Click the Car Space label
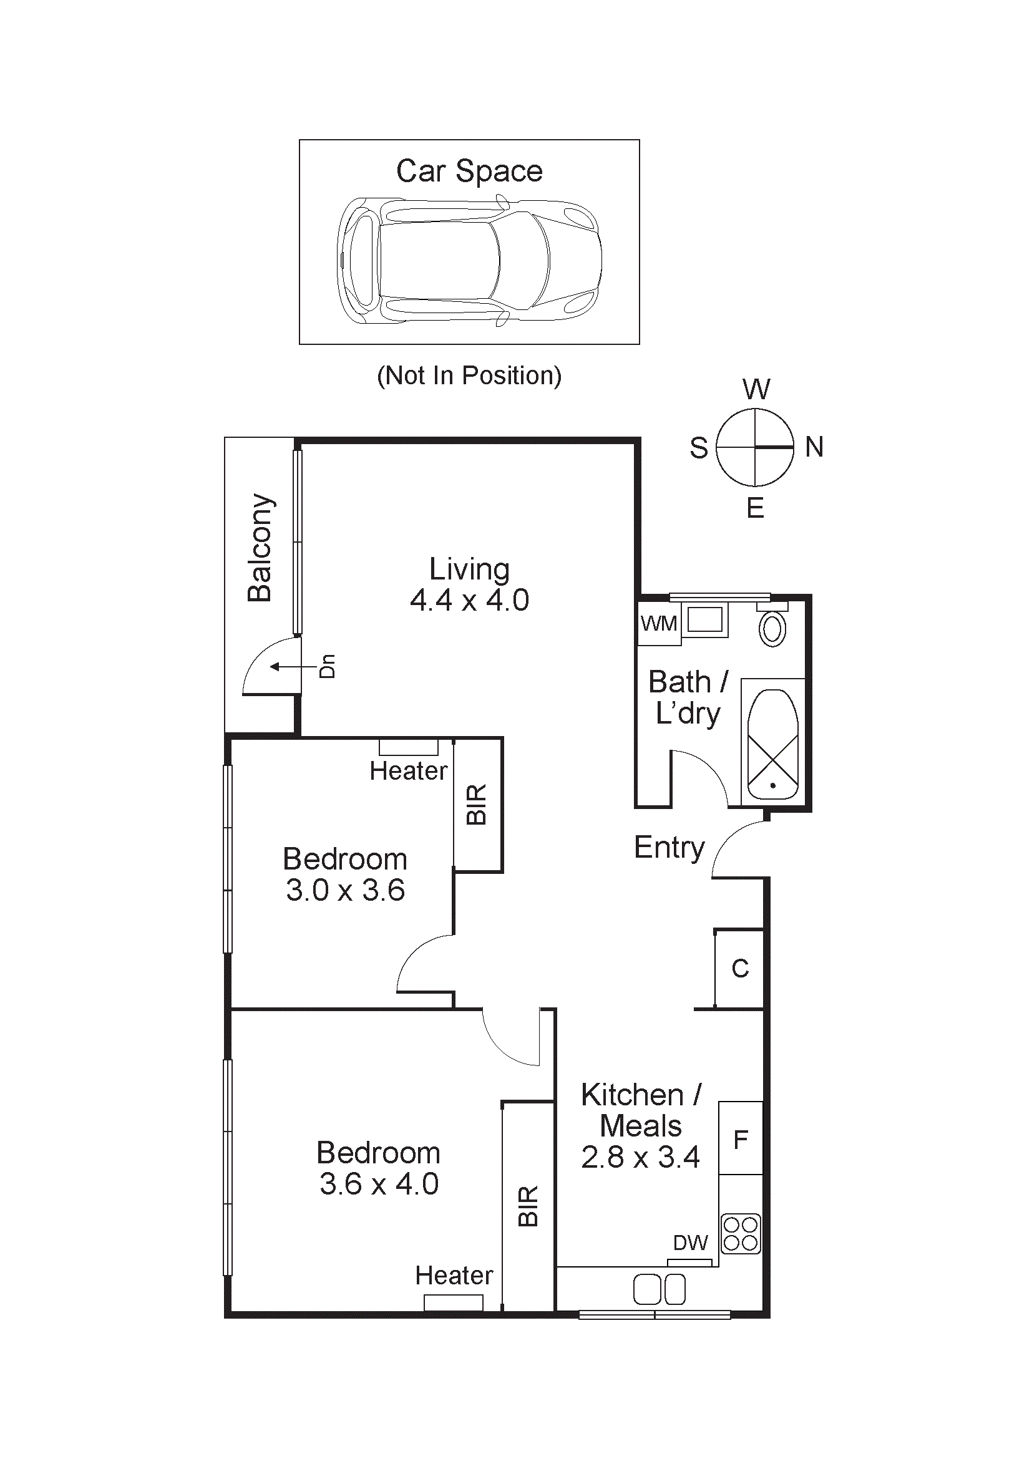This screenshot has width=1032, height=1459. pos(469,171)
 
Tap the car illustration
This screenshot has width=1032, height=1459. pos(469,261)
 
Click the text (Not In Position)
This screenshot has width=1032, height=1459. pos(469,376)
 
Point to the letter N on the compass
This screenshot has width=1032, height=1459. pos(814,447)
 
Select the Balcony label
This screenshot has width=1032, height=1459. pos(260,547)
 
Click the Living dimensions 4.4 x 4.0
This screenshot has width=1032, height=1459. pos(469,601)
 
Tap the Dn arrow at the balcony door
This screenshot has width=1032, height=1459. pos(294,667)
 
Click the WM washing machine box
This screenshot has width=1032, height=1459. pos(658,623)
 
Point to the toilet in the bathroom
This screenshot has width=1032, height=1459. pos(772,629)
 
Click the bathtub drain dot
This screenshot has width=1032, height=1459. pos(772,785)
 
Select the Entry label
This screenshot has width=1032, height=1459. pos(669,847)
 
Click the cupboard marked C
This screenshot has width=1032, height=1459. pos(740,969)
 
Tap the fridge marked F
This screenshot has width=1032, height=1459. pos(741,1140)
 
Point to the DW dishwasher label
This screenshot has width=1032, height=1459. pos(690,1243)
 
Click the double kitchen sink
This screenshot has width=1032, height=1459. pos(659,1289)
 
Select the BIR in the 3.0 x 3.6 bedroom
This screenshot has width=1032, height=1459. pos(477,805)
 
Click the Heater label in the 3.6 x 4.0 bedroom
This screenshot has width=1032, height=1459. pos(454,1276)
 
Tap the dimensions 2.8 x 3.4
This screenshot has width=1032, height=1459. pos(640,1157)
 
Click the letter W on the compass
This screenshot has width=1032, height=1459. pos(756,389)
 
